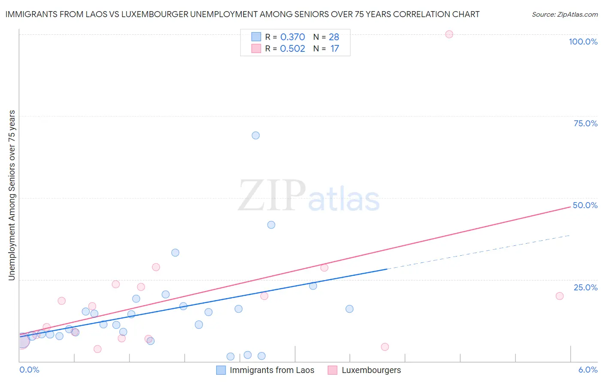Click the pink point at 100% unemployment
click(449, 34)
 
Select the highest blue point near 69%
click(256, 135)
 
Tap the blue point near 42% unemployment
click(271, 225)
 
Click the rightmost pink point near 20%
click(559, 296)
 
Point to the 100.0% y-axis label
click(583, 42)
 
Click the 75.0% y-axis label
click(585, 123)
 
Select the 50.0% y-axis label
click(585, 205)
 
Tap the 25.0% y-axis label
click(585, 287)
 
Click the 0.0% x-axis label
click(29, 370)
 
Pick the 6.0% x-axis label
click(588, 370)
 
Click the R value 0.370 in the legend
click(292, 37)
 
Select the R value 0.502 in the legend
click(292, 49)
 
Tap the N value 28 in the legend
click(334, 37)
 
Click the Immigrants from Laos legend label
click(272, 370)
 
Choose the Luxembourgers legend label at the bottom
click(371, 370)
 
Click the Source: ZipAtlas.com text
click(564, 15)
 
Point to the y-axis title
click(12, 195)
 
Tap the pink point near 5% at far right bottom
click(385, 347)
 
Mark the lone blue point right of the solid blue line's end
click(350, 309)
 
